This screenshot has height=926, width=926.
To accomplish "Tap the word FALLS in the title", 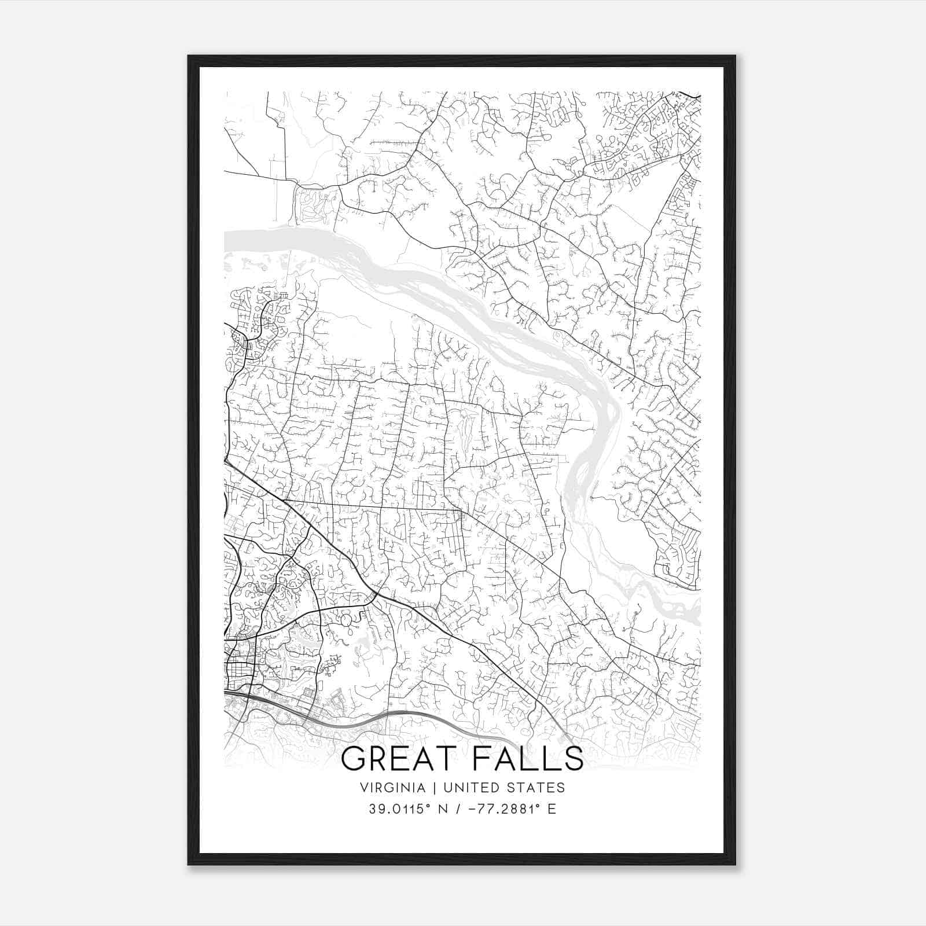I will [x=526, y=759].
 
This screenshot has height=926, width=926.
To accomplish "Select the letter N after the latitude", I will [x=444, y=809].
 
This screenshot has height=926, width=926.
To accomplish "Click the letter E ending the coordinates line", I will [x=552, y=809].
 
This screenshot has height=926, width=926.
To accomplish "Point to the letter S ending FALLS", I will [x=573, y=759].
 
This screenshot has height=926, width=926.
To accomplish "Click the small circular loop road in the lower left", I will [x=346, y=621].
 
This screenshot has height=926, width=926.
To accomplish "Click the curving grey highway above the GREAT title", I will [x=405, y=716].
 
